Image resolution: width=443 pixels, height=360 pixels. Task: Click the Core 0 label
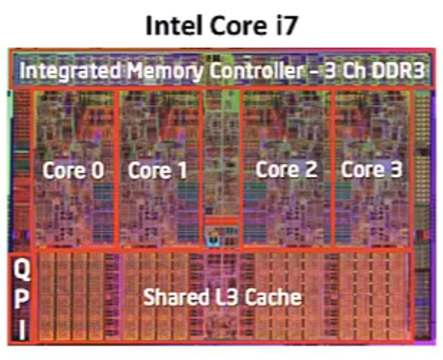(x=74, y=170)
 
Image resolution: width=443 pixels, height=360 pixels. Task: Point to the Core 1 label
(x=157, y=170)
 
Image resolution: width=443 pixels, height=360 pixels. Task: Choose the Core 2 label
(x=286, y=170)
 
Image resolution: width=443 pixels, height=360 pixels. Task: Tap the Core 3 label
(x=372, y=170)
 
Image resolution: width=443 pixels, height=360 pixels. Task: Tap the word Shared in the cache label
(x=170, y=297)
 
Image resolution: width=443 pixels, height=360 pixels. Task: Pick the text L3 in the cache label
(x=218, y=297)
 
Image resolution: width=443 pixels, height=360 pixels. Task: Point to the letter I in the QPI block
(x=22, y=330)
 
